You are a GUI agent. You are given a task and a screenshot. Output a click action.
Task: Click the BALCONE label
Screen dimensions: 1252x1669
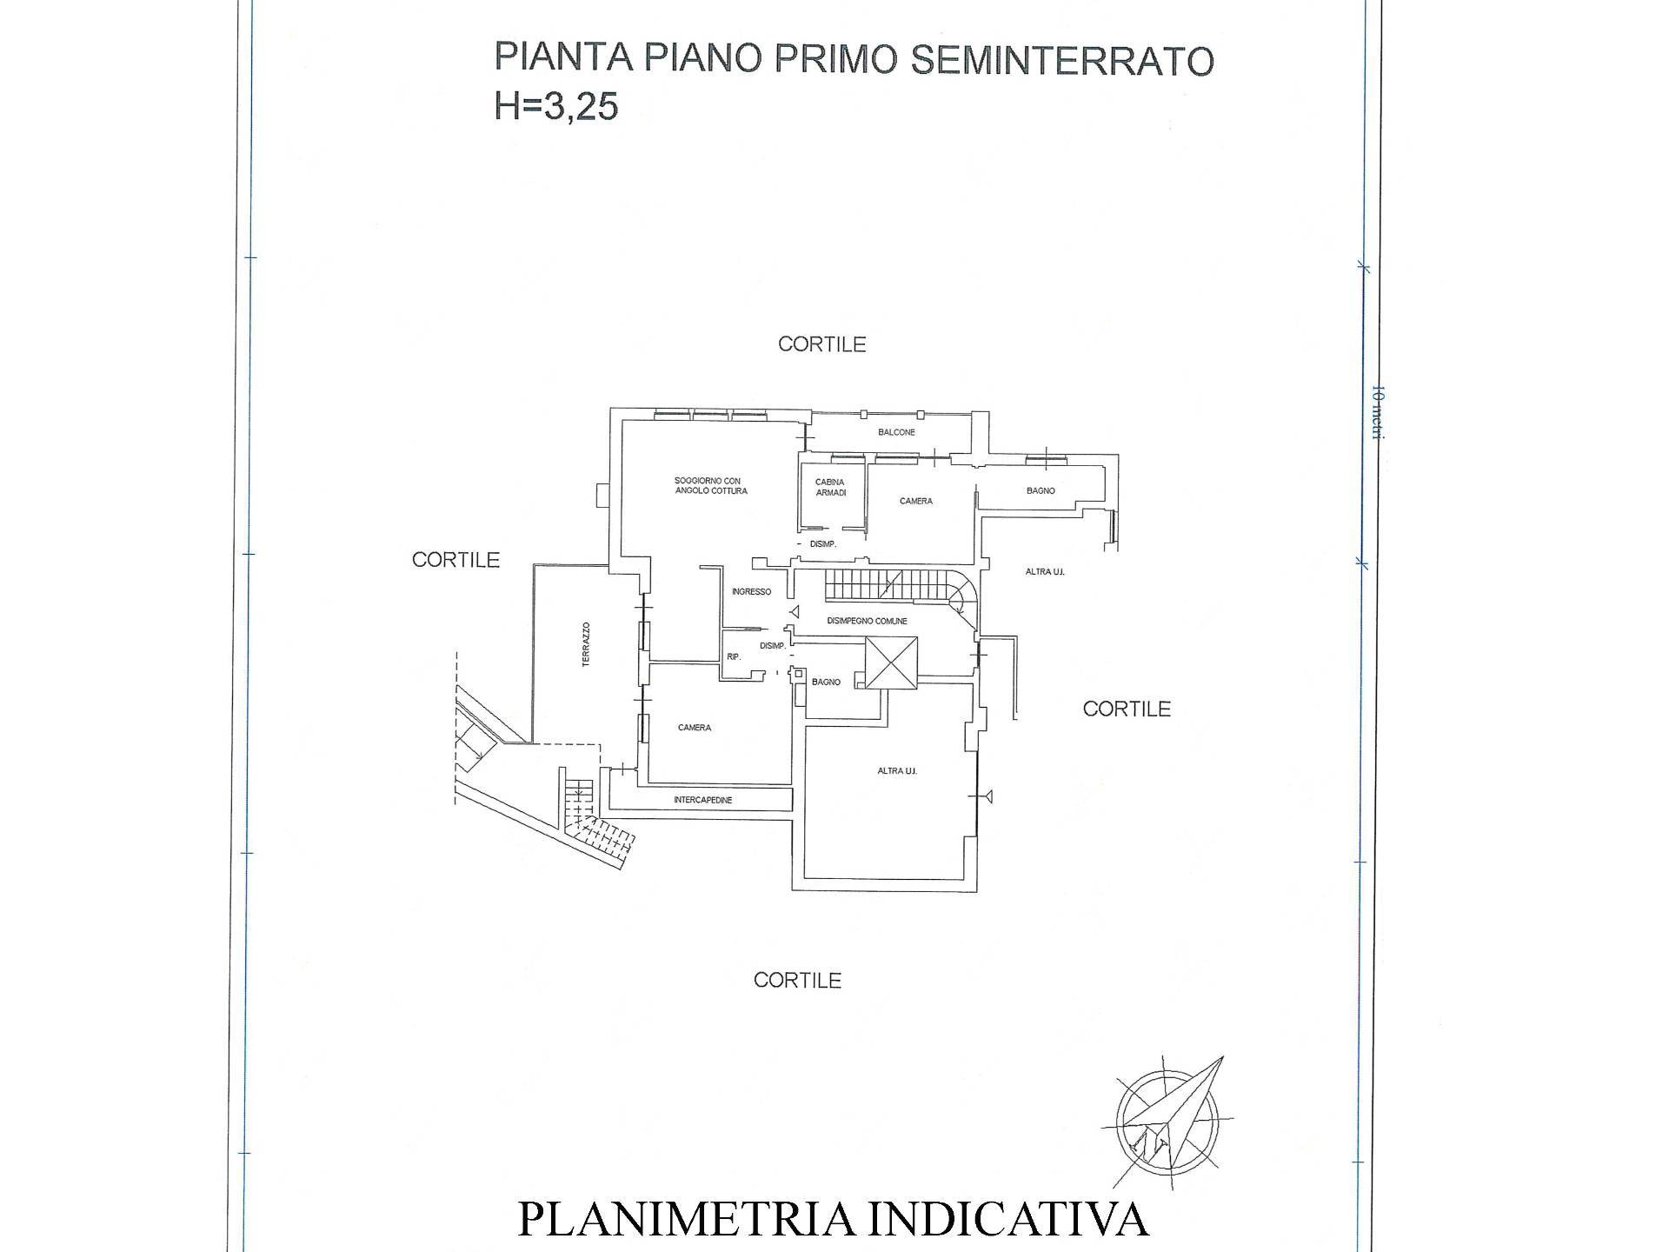[x=896, y=432]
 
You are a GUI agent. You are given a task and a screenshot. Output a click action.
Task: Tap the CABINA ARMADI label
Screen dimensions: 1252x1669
[x=830, y=488]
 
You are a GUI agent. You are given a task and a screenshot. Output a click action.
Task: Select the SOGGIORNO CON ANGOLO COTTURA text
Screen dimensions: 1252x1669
[x=710, y=486]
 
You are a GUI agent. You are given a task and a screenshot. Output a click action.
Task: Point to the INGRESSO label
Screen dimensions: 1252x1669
[x=751, y=592]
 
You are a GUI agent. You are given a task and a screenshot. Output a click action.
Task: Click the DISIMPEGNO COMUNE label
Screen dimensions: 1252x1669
[x=867, y=622]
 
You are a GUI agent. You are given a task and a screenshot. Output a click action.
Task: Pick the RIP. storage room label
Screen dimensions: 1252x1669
[x=734, y=657]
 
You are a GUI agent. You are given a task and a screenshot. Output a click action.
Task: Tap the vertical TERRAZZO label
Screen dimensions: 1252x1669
[x=586, y=644]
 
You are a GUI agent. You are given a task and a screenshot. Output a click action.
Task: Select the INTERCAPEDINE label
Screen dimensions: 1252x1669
[x=702, y=800]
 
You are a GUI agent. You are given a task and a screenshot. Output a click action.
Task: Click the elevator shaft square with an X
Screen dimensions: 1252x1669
[x=891, y=663]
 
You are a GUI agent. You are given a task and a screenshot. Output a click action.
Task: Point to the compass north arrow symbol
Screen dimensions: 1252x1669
[x=1169, y=1118]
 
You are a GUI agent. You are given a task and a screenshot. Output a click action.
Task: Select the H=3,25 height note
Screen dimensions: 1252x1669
[x=556, y=106]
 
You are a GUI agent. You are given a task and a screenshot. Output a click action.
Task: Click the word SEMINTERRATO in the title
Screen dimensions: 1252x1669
[x=1062, y=60]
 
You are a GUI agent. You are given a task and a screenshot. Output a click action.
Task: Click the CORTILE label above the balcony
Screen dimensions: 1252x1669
[x=821, y=344]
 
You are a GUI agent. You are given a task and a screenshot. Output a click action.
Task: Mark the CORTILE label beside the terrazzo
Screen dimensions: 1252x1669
[x=455, y=560]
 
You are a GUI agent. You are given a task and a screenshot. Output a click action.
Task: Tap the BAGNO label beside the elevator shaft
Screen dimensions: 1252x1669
[x=826, y=683]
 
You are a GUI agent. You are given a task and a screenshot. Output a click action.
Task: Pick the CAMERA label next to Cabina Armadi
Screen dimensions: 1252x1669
[x=916, y=502]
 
